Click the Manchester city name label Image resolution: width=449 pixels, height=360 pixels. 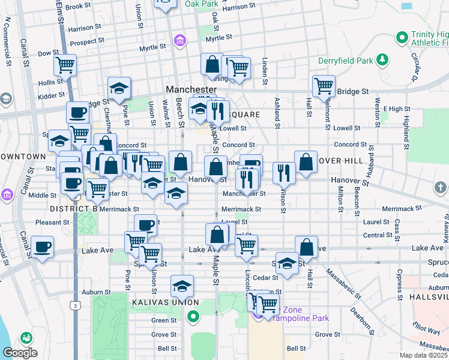[191, 89]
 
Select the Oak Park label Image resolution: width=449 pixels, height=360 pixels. [201, 4]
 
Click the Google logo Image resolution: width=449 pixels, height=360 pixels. [20, 353]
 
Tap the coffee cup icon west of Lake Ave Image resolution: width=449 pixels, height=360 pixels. [42, 247]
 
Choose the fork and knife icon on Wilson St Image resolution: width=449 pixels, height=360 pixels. [284, 173]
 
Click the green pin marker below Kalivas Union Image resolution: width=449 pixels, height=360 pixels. [193, 316]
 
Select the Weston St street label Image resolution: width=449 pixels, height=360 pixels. [378, 112]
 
